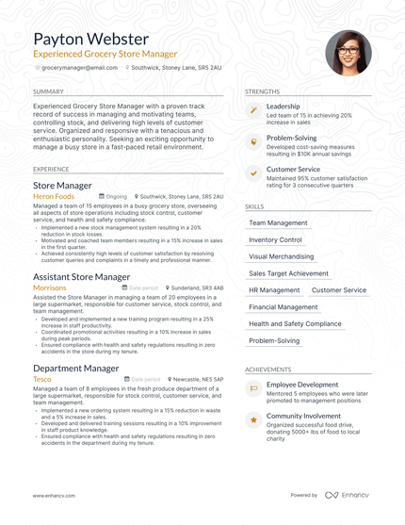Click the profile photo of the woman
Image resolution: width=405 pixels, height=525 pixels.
click(348, 53)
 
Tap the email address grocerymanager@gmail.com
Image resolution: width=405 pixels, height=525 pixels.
click(79, 68)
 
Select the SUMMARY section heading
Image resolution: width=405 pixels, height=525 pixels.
click(48, 91)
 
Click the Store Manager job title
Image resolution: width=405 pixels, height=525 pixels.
click(62, 186)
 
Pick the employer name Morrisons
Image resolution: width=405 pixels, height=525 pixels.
click(50, 287)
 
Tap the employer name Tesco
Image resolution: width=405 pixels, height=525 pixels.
click(43, 379)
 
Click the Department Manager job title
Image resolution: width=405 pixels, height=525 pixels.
click(76, 369)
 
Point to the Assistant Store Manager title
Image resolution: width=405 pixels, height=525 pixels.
click(81, 277)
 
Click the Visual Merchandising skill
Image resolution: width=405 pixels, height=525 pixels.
click(281, 256)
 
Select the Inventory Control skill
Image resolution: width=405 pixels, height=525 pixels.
click(275, 239)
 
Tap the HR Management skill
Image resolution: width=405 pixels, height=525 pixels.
click(274, 290)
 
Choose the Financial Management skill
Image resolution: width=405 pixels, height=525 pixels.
click(283, 307)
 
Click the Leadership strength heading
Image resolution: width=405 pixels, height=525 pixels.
click(283, 107)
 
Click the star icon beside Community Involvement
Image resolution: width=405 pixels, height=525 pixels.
click(252, 419)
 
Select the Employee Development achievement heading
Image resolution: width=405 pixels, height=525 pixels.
click(302, 385)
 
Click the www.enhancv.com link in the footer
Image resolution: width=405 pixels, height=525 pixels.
click(54, 495)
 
